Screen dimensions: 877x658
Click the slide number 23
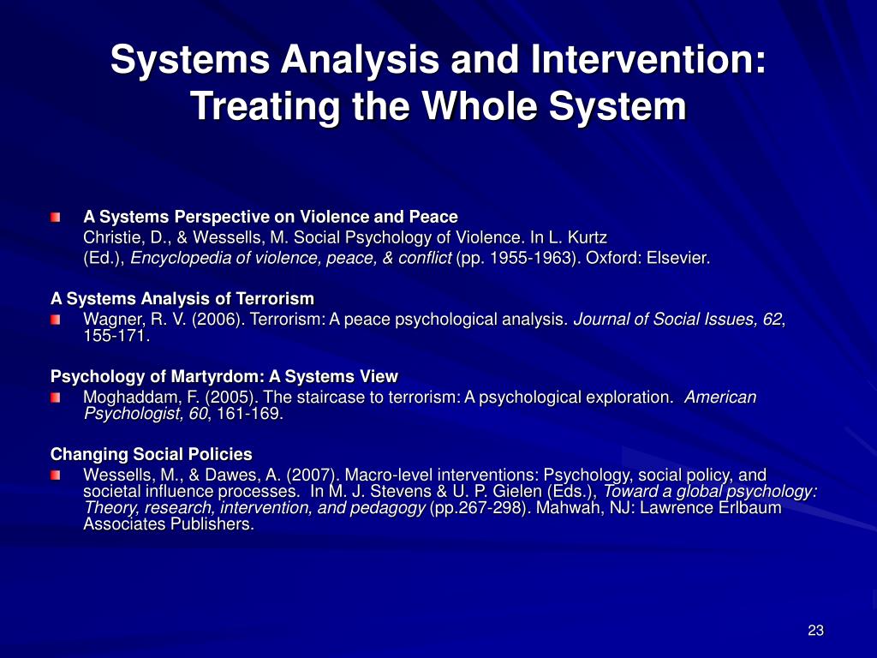point(815,631)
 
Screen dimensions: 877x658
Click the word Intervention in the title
point(648,59)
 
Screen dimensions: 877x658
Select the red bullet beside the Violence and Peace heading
point(56,217)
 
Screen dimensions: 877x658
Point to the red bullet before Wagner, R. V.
point(56,320)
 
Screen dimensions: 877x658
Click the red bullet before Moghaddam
point(56,398)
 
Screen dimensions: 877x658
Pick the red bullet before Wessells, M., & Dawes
point(56,476)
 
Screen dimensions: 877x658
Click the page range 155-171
point(116,336)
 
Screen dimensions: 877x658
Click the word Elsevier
point(678,258)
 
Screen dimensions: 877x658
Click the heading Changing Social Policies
point(151,454)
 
